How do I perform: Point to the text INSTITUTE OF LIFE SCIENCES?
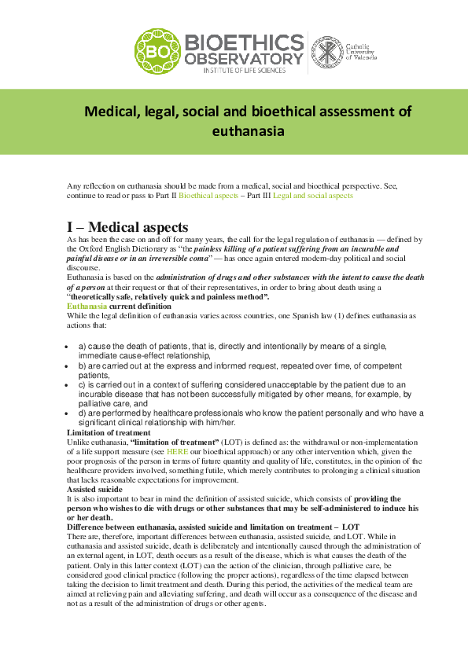point(244,71)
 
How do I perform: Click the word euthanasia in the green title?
point(248,131)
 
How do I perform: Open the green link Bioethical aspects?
point(208,195)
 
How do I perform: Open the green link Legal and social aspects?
point(313,195)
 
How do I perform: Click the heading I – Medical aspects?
point(127,226)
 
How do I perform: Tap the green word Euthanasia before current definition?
point(86,306)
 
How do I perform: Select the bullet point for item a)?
point(71,347)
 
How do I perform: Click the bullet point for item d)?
point(71,412)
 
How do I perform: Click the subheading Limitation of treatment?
point(108,433)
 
